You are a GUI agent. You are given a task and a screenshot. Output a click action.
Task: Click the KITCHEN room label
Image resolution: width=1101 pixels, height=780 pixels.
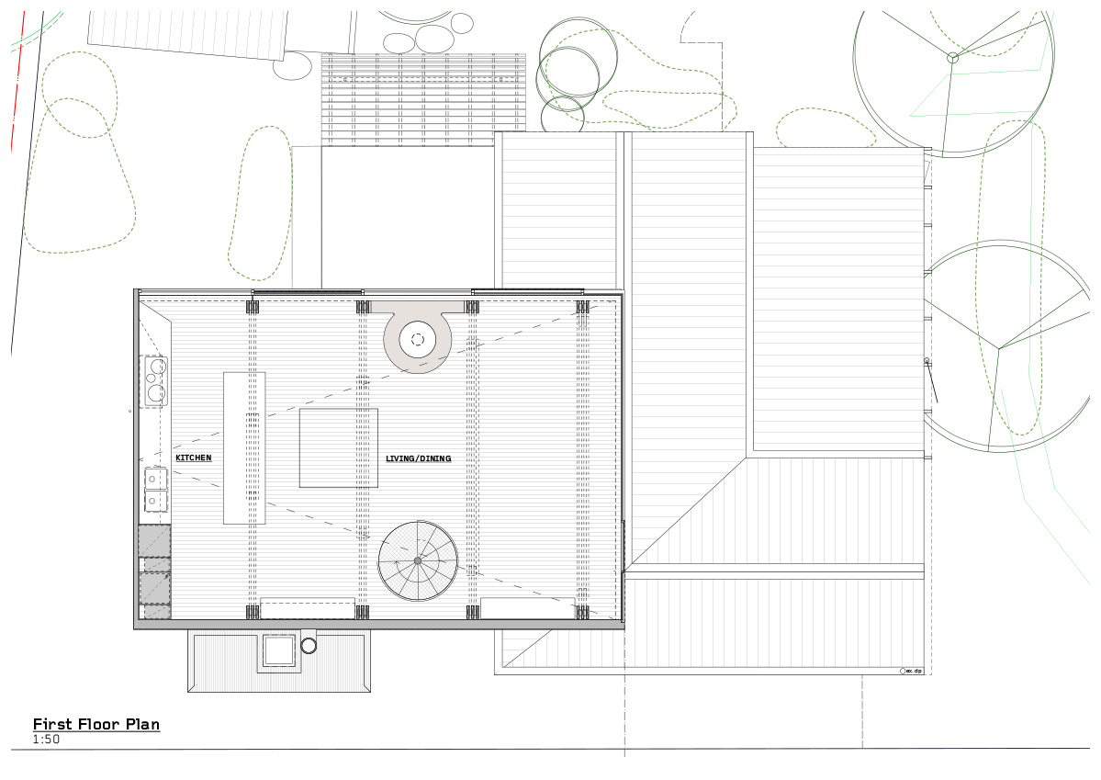click(x=193, y=458)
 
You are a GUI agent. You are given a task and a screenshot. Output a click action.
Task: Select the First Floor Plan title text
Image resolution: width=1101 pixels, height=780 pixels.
click(x=96, y=724)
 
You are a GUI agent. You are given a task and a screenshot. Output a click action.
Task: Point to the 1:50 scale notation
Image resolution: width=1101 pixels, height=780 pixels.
click(x=46, y=739)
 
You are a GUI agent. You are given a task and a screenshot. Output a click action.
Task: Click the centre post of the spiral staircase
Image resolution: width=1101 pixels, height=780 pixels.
click(x=417, y=560)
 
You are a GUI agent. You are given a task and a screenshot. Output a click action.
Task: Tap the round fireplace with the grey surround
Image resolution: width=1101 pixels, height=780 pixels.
click(x=417, y=339)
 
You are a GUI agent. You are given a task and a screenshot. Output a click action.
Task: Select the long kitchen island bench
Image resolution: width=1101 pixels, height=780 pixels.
click(x=244, y=447)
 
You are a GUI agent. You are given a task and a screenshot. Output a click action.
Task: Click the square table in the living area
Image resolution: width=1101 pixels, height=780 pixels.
click(x=338, y=447)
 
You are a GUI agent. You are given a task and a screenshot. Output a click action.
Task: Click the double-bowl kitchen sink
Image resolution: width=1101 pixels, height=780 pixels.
click(x=155, y=490)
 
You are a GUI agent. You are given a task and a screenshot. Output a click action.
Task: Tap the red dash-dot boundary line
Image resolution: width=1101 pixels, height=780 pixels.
click(x=17, y=92)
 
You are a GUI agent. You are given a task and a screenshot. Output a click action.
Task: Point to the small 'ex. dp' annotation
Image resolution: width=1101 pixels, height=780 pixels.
click(x=913, y=672)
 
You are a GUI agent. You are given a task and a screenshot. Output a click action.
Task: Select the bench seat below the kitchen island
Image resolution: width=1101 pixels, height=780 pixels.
click(x=308, y=608)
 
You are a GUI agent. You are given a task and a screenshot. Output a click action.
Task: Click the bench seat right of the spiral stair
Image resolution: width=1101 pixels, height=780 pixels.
click(x=527, y=608)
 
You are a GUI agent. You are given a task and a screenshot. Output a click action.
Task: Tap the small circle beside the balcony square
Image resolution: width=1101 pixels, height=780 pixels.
click(x=309, y=646)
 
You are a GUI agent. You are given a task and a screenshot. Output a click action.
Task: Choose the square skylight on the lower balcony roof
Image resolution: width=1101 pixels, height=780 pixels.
click(x=278, y=650)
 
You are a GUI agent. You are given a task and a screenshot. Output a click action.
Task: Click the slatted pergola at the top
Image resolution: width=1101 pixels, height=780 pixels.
click(x=422, y=99)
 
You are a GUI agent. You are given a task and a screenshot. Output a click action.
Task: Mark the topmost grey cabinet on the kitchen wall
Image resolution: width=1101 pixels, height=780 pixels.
click(x=154, y=540)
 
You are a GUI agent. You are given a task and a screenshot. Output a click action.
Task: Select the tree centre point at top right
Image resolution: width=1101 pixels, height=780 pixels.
click(x=952, y=58)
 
